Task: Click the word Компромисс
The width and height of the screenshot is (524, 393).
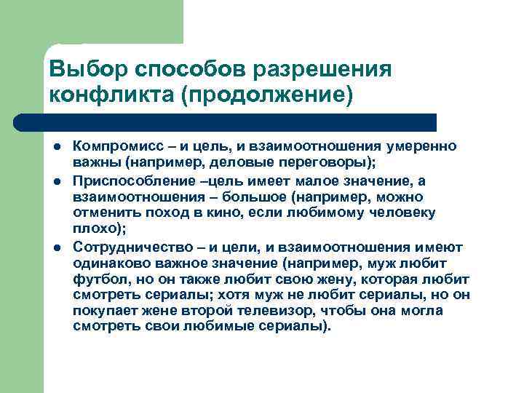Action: (x=115, y=146)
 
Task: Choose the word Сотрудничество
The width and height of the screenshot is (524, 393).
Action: (x=129, y=247)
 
